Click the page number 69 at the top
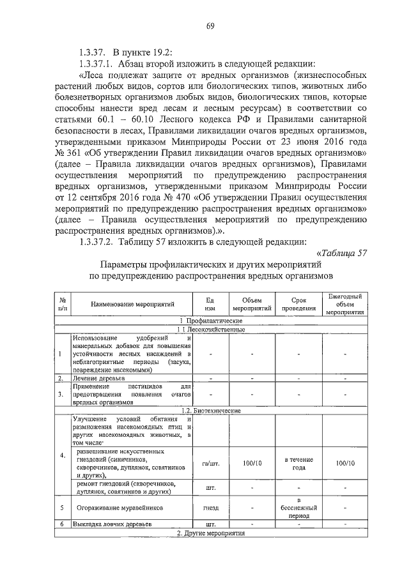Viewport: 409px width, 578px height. (x=209, y=26)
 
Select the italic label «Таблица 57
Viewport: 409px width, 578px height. (x=341, y=252)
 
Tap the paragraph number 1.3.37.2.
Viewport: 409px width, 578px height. (x=94, y=240)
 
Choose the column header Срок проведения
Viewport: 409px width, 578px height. (x=299, y=305)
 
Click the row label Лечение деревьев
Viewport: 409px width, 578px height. (x=98, y=379)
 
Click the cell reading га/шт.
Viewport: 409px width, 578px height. (x=210, y=463)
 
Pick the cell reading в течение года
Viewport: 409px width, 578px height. (x=299, y=463)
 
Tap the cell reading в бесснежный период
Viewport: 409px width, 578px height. (x=299, y=508)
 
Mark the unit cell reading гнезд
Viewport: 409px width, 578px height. (x=210, y=508)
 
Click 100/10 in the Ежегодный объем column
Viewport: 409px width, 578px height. (x=346, y=463)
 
